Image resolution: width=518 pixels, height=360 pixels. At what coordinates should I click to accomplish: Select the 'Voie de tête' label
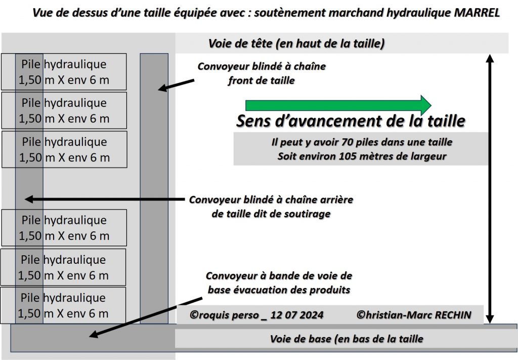(x=296, y=44)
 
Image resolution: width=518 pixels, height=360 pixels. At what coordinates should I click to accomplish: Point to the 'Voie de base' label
(x=347, y=339)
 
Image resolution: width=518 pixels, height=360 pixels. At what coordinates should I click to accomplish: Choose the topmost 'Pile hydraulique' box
(x=64, y=72)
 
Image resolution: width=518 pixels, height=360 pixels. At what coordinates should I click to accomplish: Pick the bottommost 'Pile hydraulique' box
(x=63, y=305)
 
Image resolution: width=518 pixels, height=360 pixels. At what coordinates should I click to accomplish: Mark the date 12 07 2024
(x=297, y=315)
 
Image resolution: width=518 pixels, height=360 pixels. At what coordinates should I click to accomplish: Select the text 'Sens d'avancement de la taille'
(x=350, y=122)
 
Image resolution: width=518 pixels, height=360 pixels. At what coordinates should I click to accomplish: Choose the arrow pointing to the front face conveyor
(x=176, y=85)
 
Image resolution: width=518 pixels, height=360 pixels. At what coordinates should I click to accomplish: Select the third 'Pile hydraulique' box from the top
(x=64, y=149)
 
